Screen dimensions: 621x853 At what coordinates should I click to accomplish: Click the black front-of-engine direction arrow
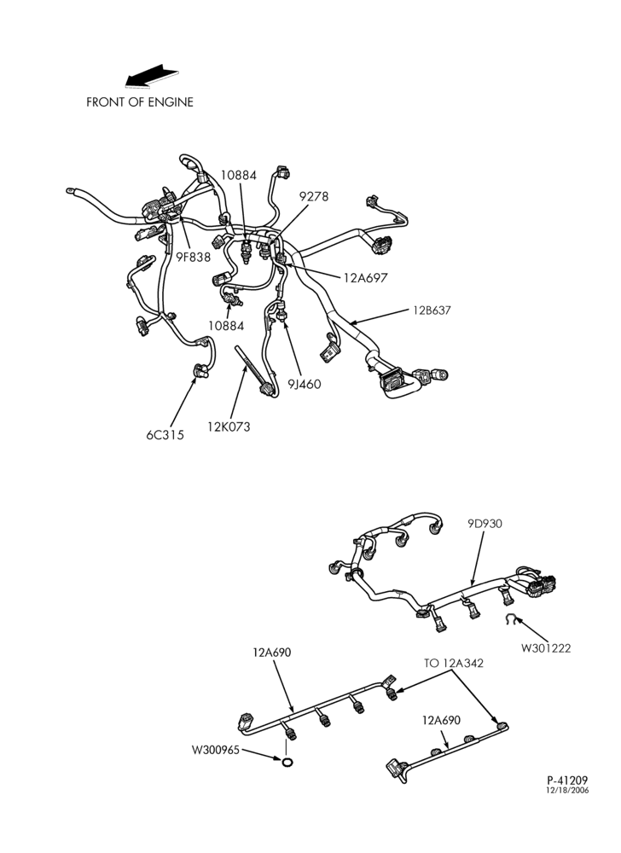pos(151,76)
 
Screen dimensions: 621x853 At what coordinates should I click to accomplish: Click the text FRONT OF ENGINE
pos(140,102)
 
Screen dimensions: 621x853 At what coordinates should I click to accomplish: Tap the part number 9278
pos(314,196)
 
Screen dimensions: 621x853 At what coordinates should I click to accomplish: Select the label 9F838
pos(193,257)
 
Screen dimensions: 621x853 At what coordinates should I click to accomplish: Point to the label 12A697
pos(365,277)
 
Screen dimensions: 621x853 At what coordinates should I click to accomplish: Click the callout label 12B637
pos(432,310)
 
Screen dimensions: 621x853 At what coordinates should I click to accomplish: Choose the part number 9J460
pos(304,384)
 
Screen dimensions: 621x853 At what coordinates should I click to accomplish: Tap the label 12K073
pos(229,427)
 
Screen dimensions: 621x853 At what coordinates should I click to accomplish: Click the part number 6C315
pos(165,435)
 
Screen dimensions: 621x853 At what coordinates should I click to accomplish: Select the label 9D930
pos(485,524)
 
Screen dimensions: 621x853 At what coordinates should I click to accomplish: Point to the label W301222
pos(546,648)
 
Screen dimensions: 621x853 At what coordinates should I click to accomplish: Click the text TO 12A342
pos(454,663)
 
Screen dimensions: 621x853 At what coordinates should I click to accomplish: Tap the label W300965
pos(215,750)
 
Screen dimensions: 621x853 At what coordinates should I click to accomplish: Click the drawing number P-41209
pos(567,780)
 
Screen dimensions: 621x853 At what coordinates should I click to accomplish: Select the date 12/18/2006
pos(567,791)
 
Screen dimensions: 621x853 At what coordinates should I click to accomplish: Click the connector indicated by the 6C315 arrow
pos(200,371)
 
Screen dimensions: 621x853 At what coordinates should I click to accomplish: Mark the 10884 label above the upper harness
pos(238,175)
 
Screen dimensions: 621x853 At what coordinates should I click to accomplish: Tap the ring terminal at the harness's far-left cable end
pos(70,190)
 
